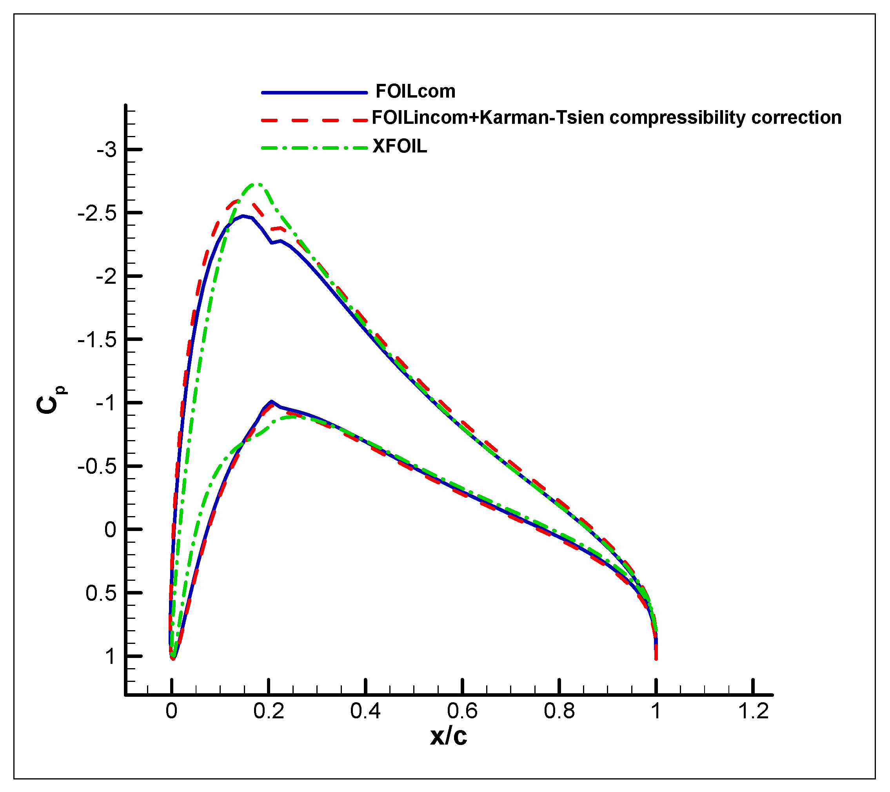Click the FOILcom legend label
(415, 91)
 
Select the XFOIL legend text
(400, 146)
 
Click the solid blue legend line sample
(314, 93)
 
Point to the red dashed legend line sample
(314, 120)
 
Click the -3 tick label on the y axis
(107, 150)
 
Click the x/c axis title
(449, 736)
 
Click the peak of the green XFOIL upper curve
(258, 184)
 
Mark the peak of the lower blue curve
(271, 401)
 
